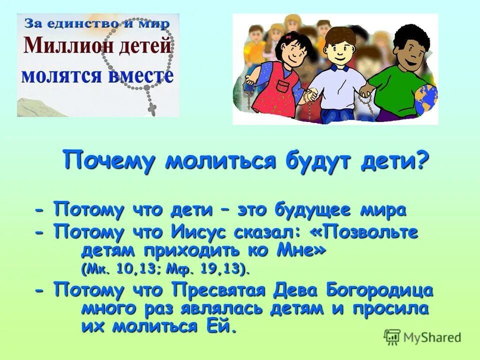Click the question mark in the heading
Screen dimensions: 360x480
click(422, 161)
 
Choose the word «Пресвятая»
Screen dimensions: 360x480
click(223, 290)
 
